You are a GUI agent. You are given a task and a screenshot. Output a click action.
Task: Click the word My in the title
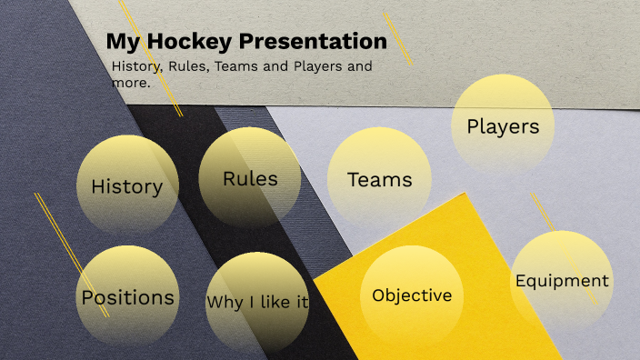(x=122, y=42)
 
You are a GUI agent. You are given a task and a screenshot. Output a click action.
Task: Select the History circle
(x=127, y=185)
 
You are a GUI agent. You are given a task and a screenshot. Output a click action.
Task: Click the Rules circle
(x=250, y=177)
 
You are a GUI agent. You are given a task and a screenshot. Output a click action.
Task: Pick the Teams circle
(x=379, y=179)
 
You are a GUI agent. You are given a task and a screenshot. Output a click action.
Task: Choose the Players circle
(x=503, y=125)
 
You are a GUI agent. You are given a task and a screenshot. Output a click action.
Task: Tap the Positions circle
(x=127, y=296)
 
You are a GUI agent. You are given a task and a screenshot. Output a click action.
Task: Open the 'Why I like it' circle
(x=257, y=302)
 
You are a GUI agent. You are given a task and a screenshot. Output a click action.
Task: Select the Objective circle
(x=412, y=295)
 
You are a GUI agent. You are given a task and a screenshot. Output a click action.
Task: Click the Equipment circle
(x=562, y=281)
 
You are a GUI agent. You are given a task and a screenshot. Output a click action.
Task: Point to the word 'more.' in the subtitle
(x=130, y=83)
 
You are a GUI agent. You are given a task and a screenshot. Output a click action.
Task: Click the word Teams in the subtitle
(x=237, y=66)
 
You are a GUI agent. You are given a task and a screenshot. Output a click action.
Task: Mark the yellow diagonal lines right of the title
(x=397, y=38)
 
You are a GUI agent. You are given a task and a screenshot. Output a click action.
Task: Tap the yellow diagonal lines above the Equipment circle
(x=551, y=219)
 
